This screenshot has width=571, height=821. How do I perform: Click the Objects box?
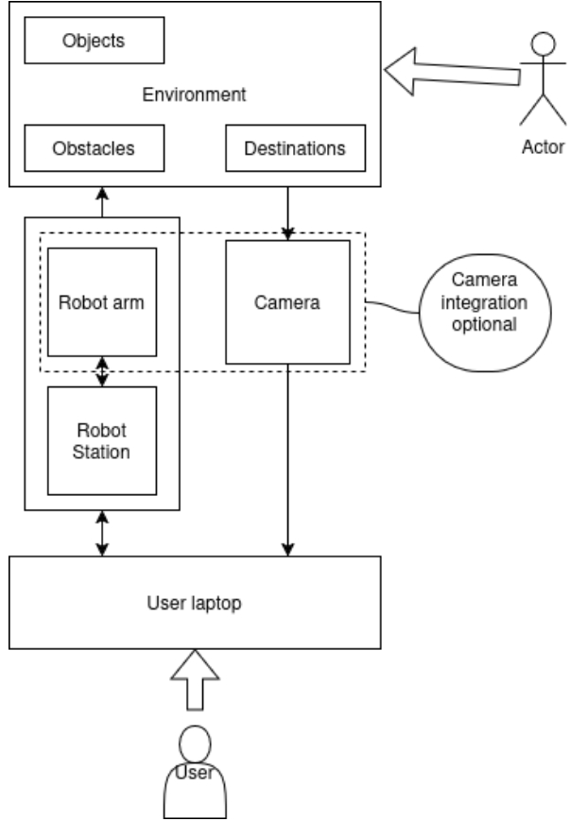(x=95, y=42)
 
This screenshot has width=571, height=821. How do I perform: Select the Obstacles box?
(x=95, y=148)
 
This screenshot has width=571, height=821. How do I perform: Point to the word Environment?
(x=194, y=94)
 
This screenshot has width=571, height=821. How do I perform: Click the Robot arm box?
(x=101, y=303)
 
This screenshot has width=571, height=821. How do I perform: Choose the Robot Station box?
(x=101, y=440)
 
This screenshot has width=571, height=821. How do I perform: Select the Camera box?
(x=288, y=303)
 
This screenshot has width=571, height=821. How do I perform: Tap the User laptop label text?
(x=195, y=602)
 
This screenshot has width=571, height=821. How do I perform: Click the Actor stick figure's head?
(x=542, y=43)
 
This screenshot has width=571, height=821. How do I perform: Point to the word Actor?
(x=543, y=147)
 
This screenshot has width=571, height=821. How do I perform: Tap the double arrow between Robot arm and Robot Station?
(x=102, y=372)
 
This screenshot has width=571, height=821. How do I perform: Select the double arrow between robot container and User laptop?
(x=102, y=534)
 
